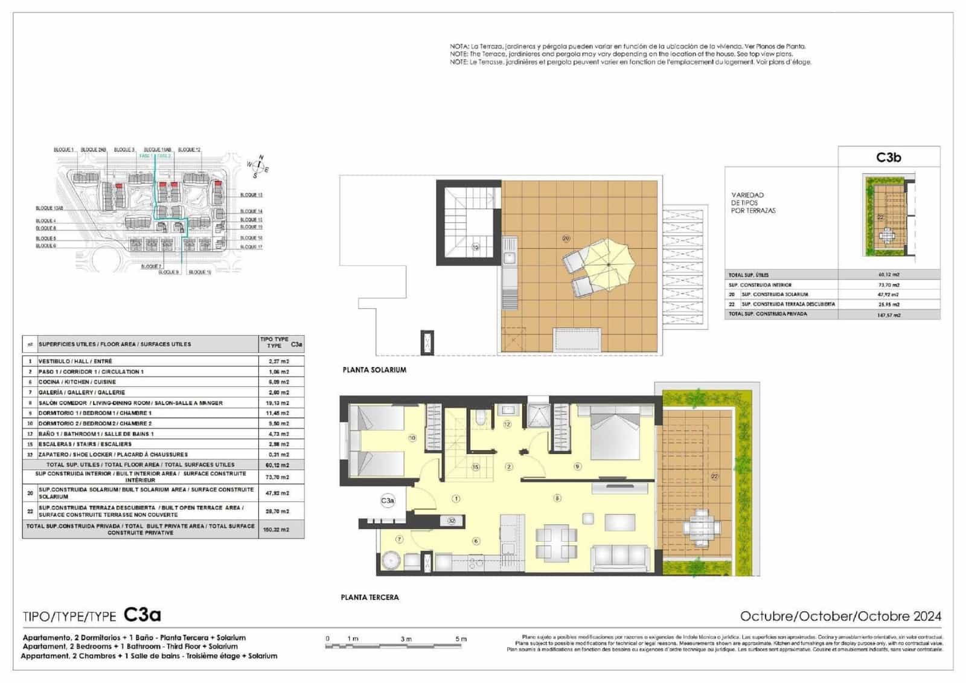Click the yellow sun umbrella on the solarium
tap(608, 264)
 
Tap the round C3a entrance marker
tap(388, 501)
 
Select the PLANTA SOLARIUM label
tap(374, 370)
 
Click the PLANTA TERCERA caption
tap(369, 597)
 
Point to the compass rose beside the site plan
tap(258, 167)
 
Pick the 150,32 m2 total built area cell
tap(277, 530)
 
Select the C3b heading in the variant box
tap(889, 157)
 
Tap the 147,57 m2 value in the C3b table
tap(889, 315)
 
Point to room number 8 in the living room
tap(557, 498)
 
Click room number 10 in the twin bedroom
tap(412, 438)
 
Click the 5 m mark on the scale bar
tap(461, 639)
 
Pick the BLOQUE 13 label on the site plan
tap(251, 195)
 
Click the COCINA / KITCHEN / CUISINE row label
tap(77, 382)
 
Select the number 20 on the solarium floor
tap(566, 239)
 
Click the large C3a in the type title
tap(142, 615)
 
